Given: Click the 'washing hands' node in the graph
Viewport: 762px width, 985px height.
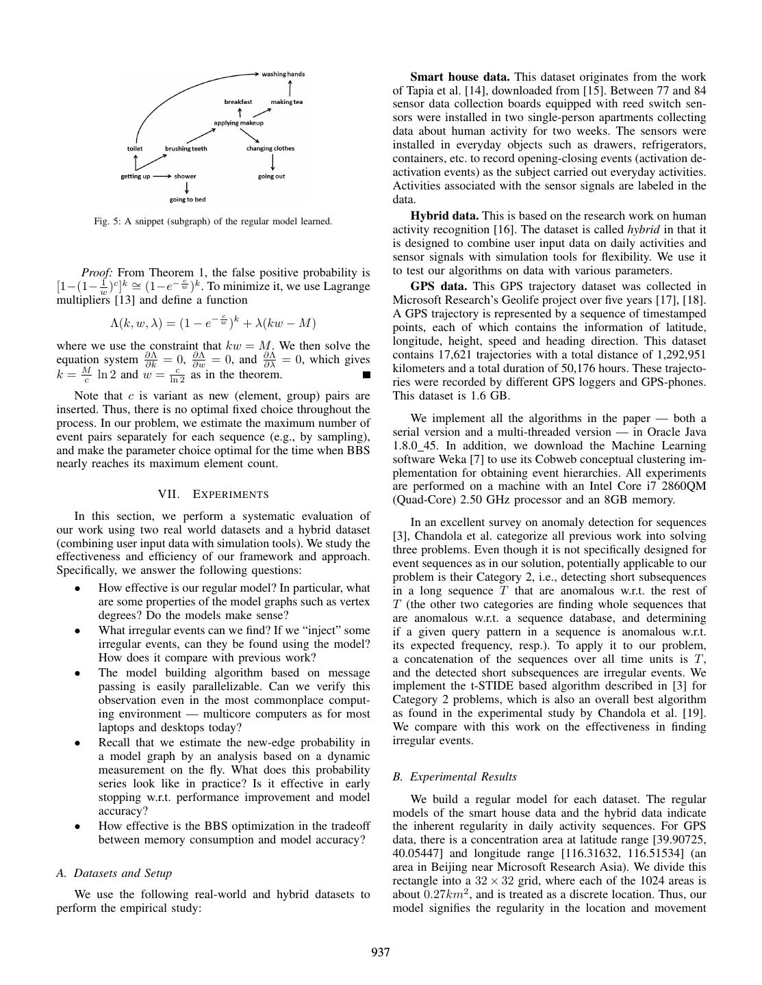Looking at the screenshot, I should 283,74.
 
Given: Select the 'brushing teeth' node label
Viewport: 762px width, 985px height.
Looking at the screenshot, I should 186,148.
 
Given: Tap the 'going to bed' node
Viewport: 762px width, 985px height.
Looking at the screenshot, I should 188,200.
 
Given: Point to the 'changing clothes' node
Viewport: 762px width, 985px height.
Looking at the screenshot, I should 270,148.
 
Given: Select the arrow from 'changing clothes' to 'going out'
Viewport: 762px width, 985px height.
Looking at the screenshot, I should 272,162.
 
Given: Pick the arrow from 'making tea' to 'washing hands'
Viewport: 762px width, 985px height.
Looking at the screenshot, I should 290,88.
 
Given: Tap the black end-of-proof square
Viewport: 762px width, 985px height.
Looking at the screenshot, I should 366,375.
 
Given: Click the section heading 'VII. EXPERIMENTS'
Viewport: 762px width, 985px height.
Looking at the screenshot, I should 213,494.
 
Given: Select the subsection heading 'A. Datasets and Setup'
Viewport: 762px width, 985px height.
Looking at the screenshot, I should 114,873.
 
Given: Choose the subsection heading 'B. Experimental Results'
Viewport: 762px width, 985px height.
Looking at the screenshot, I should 455,776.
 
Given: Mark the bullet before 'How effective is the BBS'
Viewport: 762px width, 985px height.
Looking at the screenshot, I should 78,826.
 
